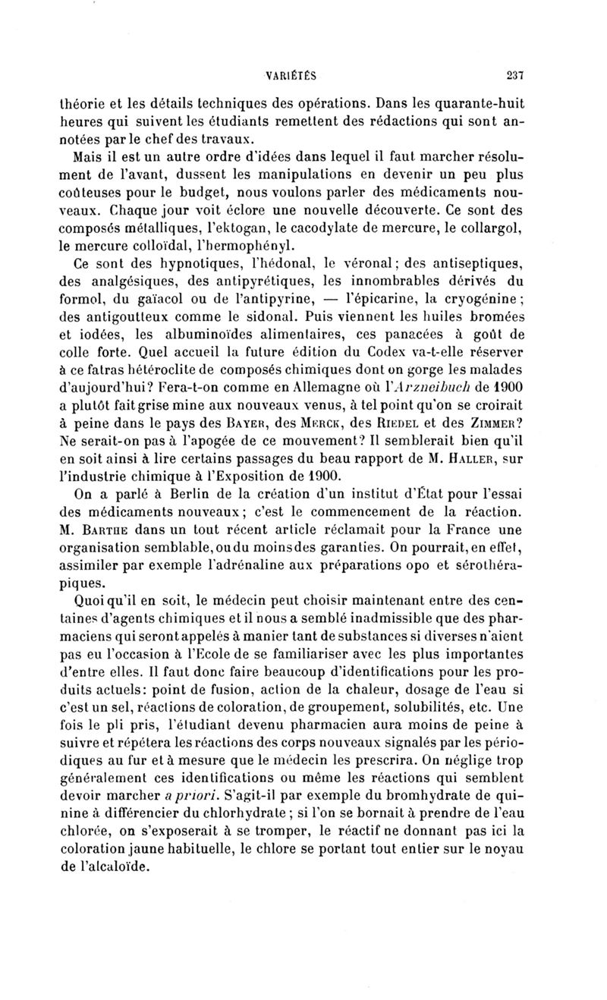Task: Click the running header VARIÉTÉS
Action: click(x=291, y=75)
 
